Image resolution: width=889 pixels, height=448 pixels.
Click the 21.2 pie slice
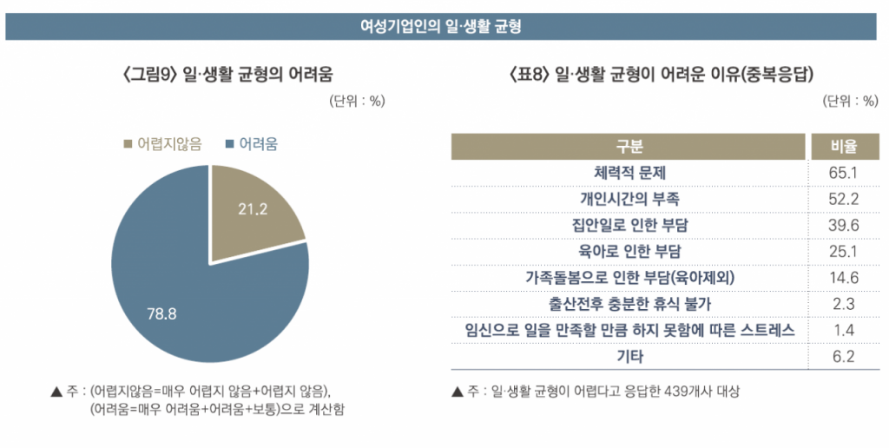tap(252, 213)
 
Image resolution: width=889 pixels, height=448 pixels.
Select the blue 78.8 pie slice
tap(174, 295)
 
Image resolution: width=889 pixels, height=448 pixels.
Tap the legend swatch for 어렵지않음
tap(128, 144)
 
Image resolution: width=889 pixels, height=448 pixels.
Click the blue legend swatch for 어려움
tap(230, 144)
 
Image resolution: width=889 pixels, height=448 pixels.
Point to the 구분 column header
tap(629, 147)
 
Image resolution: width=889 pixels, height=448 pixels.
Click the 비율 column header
tap(843, 147)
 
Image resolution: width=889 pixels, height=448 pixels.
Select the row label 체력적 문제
tap(629, 173)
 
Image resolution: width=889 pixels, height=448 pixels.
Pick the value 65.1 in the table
tap(843, 173)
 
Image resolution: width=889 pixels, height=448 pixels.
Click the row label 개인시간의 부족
tap(629, 199)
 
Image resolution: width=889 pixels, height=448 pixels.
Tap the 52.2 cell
tap(843, 199)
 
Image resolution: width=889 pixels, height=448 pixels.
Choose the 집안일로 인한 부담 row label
tap(629, 226)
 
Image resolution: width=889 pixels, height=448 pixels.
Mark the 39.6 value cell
tap(843, 226)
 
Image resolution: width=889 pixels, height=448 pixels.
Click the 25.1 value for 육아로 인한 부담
tap(843, 252)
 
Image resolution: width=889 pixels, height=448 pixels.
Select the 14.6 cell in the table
tap(843, 278)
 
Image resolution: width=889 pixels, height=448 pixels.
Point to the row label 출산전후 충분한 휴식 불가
tap(629, 304)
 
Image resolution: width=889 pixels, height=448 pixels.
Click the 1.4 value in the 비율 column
tap(843, 330)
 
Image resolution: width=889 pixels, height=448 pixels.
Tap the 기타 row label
tap(629, 356)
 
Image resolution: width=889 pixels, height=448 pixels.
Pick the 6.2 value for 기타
tap(843, 356)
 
